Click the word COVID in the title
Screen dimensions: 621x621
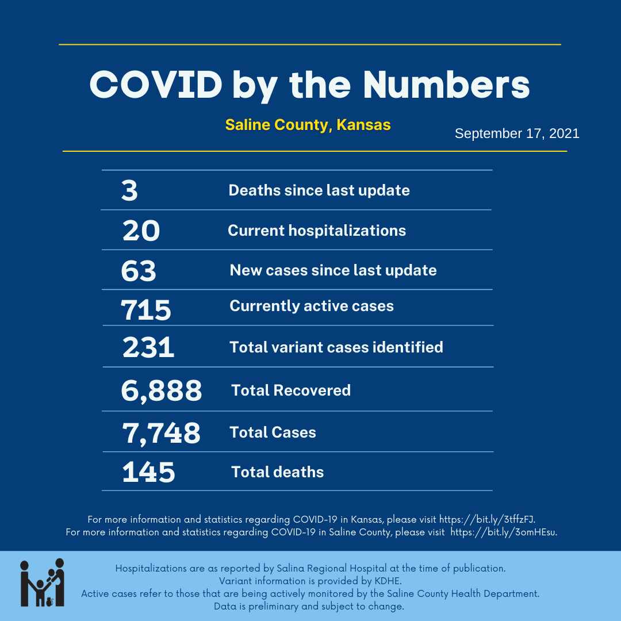(x=156, y=85)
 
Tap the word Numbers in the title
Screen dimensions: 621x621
(x=446, y=85)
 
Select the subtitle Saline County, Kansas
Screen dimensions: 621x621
(x=308, y=125)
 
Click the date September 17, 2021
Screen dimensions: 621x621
(x=517, y=134)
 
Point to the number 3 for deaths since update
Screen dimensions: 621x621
(x=130, y=190)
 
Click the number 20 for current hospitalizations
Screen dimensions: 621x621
(x=141, y=231)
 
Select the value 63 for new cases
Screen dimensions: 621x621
(x=139, y=271)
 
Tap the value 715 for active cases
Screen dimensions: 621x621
(x=146, y=310)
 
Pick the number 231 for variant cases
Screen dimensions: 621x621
(x=148, y=347)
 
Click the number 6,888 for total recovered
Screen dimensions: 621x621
(x=162, y=390)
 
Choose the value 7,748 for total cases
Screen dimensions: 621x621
(x=161, y=433)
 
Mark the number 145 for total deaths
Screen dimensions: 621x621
(x=148, y=472)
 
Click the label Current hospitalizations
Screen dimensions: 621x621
(x=317, y=231)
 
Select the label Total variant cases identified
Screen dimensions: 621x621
(x=336, y=347)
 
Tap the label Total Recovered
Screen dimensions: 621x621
(x=291, y=390)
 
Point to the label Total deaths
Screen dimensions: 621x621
(x=278, y=472)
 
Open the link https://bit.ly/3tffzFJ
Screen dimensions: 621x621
(x=488, y=519)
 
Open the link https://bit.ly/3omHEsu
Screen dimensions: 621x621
(x=504, y=532)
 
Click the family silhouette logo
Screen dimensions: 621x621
(x=42, y=582)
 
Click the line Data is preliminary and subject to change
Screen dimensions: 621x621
(x=309, y=607)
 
